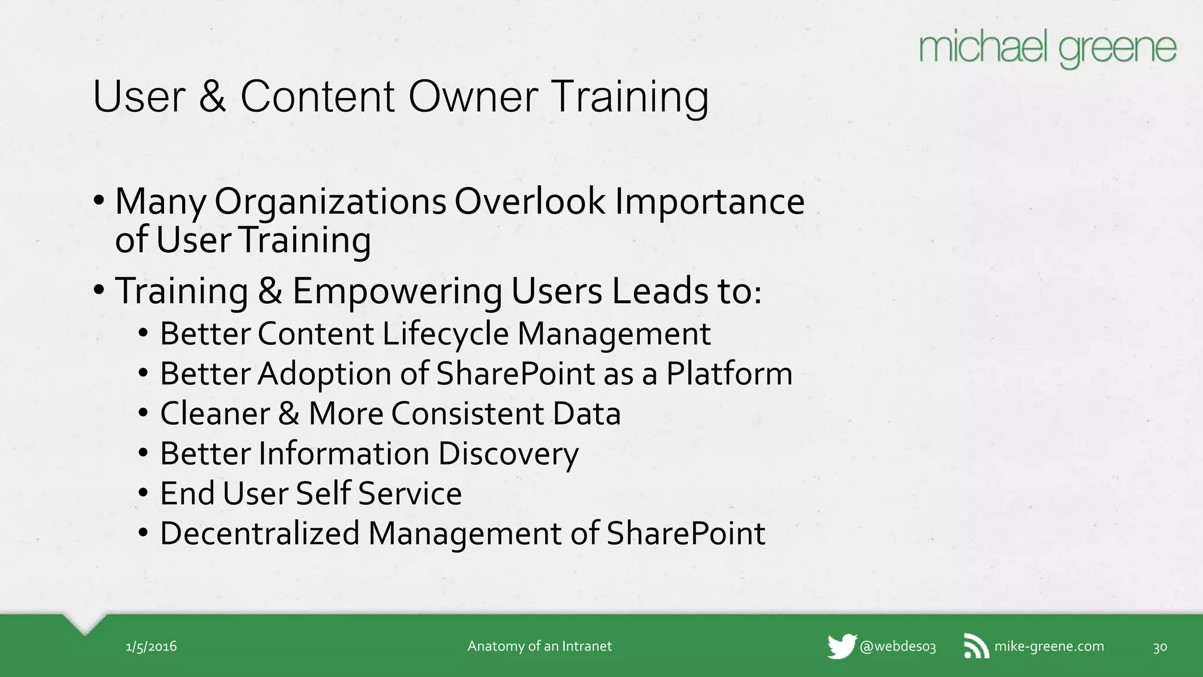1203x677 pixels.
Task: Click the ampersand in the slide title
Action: [x=212, y=97]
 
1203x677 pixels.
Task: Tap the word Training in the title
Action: [x=630, y=97]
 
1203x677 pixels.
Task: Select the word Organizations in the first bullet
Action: [x=330, y=202]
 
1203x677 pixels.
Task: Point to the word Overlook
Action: [x=529, y=202]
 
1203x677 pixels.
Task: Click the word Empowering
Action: [x=397, y=291]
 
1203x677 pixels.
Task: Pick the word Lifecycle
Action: [x=446, y=334]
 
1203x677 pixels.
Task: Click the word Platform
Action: [x=729, y=374]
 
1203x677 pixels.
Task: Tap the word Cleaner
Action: [x=215, y=413]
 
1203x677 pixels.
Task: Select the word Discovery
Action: [x=508, y=454]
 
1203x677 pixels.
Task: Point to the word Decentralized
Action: [x=260, y=534]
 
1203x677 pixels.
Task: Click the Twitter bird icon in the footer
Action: [x=841, y=646]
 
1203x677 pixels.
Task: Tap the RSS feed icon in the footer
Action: [x=976, y=646]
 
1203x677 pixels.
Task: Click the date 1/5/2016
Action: [x=151, y=647]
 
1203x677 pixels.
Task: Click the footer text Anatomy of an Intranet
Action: [x=539, y=646]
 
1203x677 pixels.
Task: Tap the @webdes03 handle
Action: [x=897, y=647]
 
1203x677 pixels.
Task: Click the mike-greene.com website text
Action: [x=1049, y=646]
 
